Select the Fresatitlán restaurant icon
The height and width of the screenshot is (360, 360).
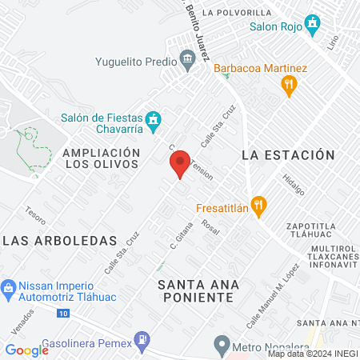[258, 205]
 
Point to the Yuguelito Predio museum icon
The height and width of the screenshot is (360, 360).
[187, 59]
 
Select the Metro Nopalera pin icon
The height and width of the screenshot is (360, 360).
[222, 346]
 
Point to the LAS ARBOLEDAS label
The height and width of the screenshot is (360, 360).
[59, 241]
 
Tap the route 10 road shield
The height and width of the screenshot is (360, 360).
[62, 314]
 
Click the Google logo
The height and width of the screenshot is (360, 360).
[27, 350]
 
